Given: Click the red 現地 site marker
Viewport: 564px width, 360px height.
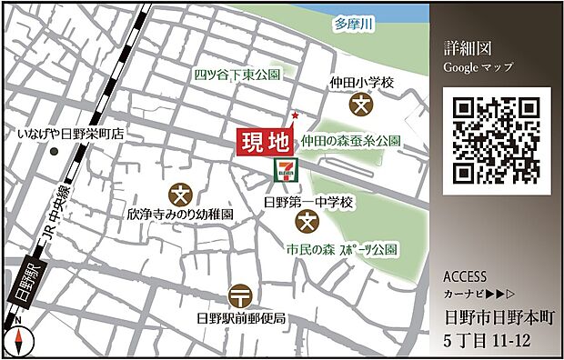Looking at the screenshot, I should [265, 142].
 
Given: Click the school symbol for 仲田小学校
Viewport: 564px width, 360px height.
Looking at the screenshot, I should [361, 105].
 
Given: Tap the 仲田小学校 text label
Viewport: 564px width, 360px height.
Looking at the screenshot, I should [362, 83].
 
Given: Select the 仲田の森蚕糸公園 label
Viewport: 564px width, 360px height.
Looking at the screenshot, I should [351, 141].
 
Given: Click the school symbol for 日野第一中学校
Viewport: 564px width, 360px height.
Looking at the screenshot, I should [307, 221].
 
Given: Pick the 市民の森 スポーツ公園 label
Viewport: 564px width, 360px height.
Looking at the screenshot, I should [341, 248].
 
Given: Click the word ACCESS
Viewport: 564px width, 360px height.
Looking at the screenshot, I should [465, 277].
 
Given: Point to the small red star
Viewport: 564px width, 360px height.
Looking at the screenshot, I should [294, 115].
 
